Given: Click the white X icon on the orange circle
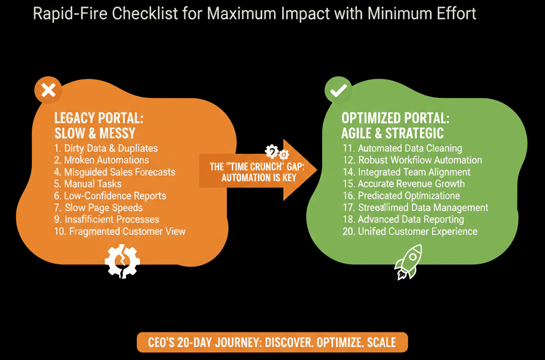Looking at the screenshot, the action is pos(48,91).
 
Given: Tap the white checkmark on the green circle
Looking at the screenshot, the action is pos(338,91).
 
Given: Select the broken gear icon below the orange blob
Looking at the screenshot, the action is pos(122,261).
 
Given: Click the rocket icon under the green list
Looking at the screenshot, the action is pos(408,262).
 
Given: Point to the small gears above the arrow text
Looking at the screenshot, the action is pos(277,152).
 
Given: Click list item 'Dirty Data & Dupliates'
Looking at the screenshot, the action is pos(106,149).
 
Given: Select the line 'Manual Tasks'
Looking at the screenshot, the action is pos(88,184).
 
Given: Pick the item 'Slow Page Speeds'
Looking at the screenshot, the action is pos(98,208).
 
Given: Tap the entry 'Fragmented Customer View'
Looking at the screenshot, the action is pos(120,231).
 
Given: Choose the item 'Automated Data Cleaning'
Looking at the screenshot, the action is pos(402,149).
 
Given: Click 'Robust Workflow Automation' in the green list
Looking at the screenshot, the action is pos(412,160).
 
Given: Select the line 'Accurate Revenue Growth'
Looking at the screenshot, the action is pos(403,184).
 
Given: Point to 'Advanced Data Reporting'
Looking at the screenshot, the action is pos(403,219).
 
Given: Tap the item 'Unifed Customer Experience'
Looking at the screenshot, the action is pos(410,231).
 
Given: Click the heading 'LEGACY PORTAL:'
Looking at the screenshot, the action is pos(98,118).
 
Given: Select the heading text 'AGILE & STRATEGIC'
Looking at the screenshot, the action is pos(392,133).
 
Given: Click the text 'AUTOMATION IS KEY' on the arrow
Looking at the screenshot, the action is pos(259,178).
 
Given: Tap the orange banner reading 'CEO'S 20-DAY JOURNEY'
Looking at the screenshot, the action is pos(272,342).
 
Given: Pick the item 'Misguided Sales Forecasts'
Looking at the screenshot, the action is pos(115,172).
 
